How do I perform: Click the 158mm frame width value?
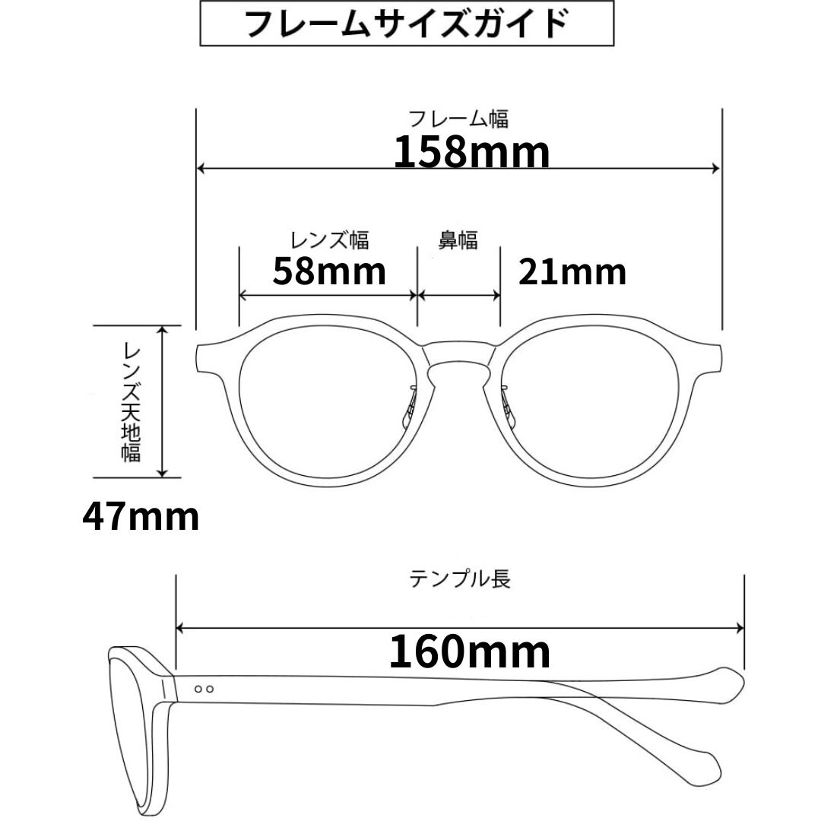click(x=471, y=151)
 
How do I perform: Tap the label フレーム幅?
click(x=458, y=119)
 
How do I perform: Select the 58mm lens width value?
click(x=329, y=270)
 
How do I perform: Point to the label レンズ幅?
click(x=329, y=240)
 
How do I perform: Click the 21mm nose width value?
click(x=572, y=271)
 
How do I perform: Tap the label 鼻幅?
click(x=458, y=240)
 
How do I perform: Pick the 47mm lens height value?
click(x=141, y=517)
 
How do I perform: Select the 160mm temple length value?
click(x=470, y=651)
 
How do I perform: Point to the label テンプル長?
click(x=460, y=579)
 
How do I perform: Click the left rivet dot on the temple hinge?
click(x=198, y=689)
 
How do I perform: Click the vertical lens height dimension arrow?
click(x=161, y=401)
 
